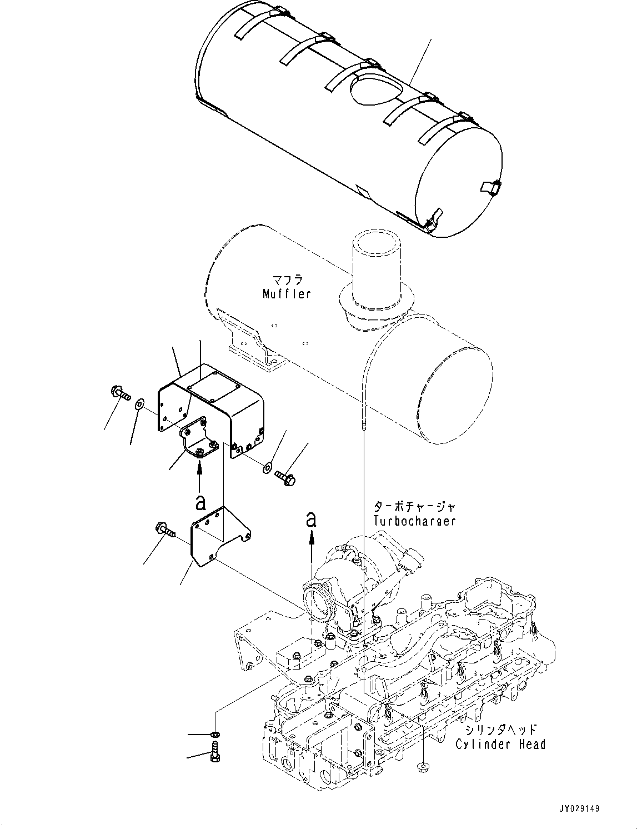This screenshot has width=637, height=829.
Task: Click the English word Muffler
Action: [x=287, y=294]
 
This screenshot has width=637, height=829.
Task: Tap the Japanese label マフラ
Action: [x=287, y=279]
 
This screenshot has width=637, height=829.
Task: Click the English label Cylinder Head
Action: [x=500, y=744]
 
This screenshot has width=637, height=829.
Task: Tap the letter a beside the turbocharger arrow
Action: [x=312, y=519]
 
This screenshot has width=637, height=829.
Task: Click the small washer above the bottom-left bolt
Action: [x=214, y=735]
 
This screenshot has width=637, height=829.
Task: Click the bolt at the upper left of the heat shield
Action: [x=119, y=393]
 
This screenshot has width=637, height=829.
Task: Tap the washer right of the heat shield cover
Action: [x=268, y=467]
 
